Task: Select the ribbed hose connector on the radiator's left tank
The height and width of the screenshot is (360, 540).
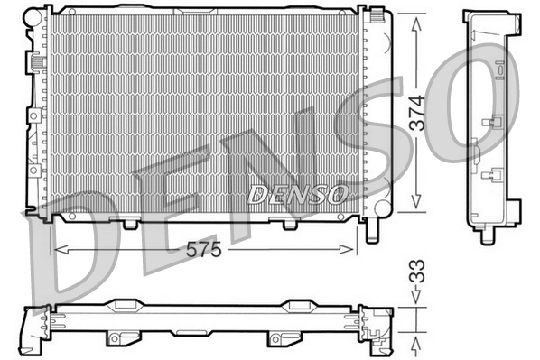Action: coord(38,63)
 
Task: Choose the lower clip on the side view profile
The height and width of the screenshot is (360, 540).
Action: coord(496,175)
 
